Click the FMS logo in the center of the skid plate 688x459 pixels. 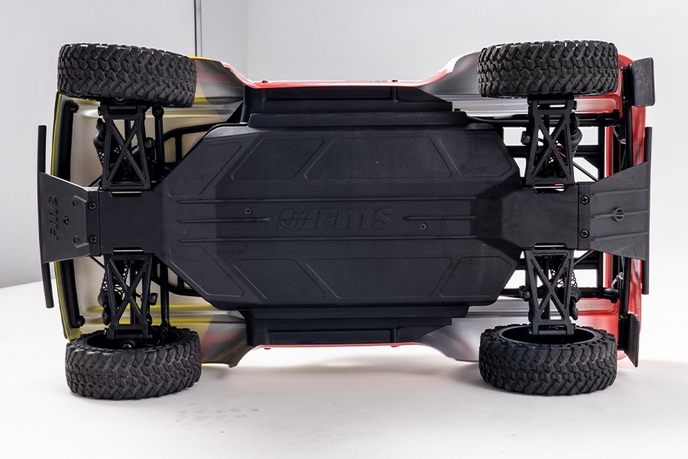(x=334, y=219)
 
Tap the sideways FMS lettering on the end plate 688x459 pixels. (x=53, y=217)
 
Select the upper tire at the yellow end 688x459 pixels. (x=126, y=74)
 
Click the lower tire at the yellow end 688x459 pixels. (x=133, y=363)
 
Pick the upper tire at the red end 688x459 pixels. (x=548, y=69)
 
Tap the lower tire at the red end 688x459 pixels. (x=547, y=360)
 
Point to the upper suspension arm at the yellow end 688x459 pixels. (x=125, y=147)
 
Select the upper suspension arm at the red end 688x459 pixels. (x=551, y=143)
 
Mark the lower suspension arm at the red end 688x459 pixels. (x=550, y=291)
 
